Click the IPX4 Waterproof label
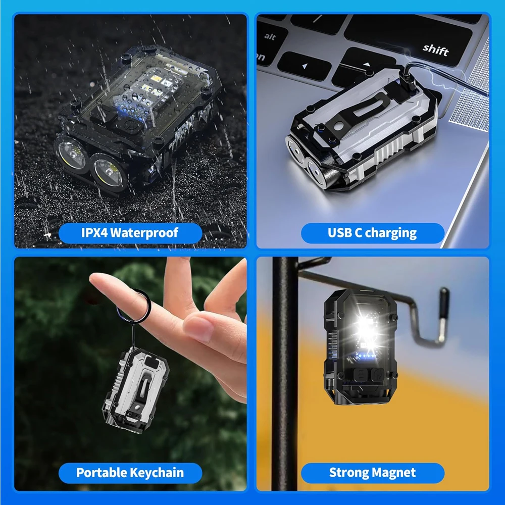(130, 233)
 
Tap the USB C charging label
(372, 233)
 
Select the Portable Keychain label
(130, 473)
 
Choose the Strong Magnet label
(372, 473)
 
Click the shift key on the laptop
(435, 49)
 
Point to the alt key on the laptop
(270, 36)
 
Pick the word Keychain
(157, 473)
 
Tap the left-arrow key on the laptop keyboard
(304, 66)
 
